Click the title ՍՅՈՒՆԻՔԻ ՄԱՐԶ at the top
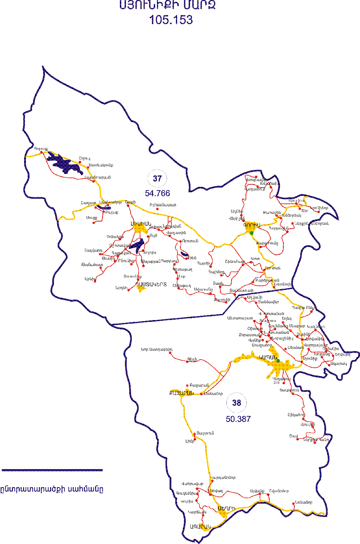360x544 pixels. coord(167,5)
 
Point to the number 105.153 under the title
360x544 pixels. coord(171,20)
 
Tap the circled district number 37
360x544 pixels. coord(157,179)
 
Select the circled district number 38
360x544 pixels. coord(237,403)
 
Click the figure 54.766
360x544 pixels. coord(157,193)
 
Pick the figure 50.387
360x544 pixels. coord(238,419)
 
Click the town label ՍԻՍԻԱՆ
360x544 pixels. coord(141,224)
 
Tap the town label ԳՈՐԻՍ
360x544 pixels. coord(252,225)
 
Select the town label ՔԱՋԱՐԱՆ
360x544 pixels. coord(181,393)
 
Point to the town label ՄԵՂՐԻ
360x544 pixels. coord(226,508)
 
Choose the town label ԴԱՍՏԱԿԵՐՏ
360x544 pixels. coord(151,284)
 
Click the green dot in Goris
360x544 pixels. coord(252,233)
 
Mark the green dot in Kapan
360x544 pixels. coord(278,361)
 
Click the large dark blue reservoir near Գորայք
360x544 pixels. coord(65,164)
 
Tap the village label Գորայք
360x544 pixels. coord(41,148)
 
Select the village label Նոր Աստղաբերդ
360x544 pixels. coord(157,349)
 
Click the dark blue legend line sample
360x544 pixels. coord(52,470)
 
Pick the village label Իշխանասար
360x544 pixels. coord(163,205)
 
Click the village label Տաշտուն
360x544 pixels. coord(205,433)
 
